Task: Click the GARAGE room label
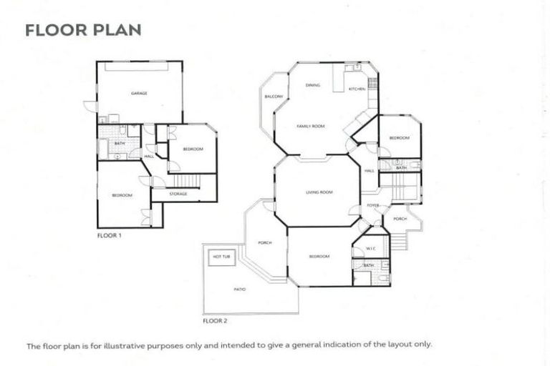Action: pos(139,94)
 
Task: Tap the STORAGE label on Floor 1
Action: pos(178,194)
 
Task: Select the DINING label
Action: pos(312,85)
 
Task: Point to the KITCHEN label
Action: pos(357,89)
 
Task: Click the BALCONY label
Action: pos(274,97)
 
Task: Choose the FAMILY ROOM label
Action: pos(311,126)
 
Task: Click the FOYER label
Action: pos(372,205)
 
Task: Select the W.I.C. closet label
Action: pos(370,249)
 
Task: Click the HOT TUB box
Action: pos(220,256)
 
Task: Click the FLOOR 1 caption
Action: pos(109,234)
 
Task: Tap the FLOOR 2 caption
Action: pos(215,321)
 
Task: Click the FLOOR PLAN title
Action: pos(83,30)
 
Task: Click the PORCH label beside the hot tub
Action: pos(264,242)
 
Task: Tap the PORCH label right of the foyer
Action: pos(400,219)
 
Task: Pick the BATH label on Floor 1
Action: pos(119,143)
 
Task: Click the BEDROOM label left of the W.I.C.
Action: pos(319,256)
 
